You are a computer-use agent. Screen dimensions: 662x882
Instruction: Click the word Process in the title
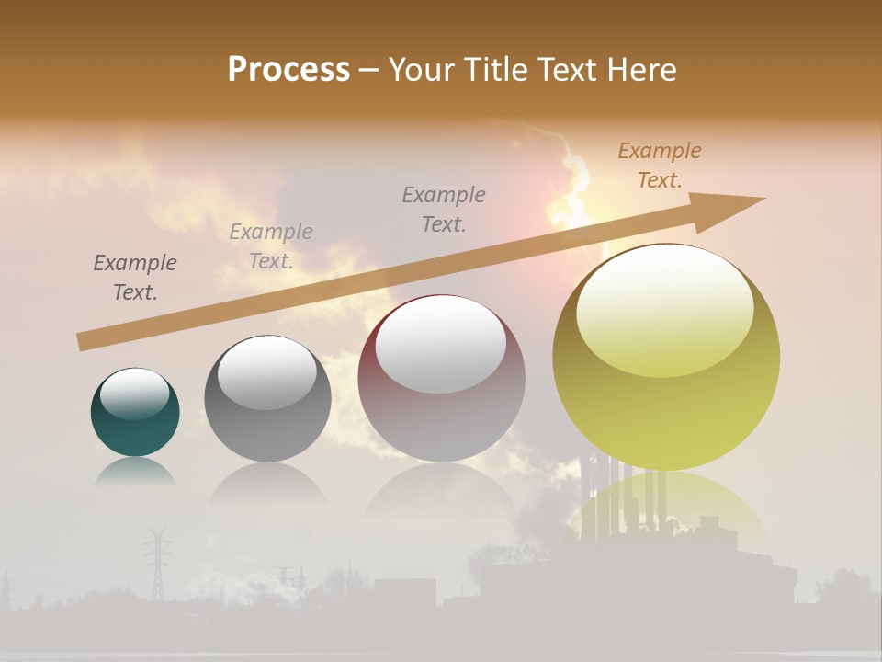[288, 69]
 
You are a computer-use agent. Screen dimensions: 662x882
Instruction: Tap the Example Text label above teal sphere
[135, 278]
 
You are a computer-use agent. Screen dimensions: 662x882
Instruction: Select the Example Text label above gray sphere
[271, 246]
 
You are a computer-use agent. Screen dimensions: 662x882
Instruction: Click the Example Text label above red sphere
[444, 209]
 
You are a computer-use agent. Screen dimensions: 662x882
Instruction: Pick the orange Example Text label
[660, 165]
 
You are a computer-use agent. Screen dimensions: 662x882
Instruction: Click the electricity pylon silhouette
[157, 561]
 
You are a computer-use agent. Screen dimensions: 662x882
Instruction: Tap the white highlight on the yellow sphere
[664, 310]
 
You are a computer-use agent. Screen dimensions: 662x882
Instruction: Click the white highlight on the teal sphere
[134, 394]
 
